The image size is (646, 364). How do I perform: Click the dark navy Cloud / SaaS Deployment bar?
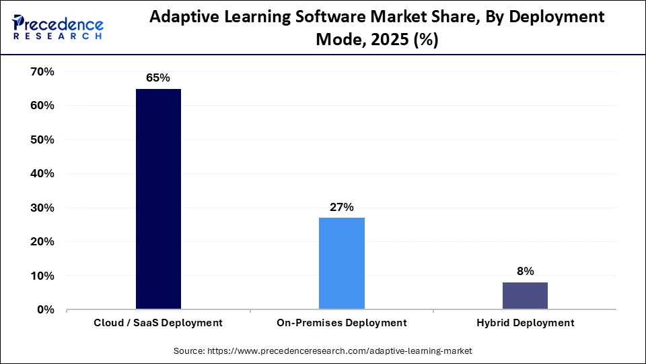[x=158, y=199]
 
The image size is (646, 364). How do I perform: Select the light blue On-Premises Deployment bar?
[x=341, y=263]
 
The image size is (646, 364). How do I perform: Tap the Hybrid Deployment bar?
[x=525, y=295]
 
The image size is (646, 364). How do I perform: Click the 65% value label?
[x=158, y=78]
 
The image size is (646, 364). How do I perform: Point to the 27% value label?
[x=341, y=207]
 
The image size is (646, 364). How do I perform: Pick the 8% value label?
[x=525, y=272]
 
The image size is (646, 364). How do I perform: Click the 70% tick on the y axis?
[x=41, y=71]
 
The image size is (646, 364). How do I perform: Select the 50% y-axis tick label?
[x=41, y=140]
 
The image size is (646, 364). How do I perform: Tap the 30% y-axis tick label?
[x=41, y=208]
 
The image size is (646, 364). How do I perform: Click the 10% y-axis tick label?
[x=41, y=276]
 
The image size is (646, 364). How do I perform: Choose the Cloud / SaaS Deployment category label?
[x=158, y=323]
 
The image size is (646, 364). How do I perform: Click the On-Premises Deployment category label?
[x=341, y=323]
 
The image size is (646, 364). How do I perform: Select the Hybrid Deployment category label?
[x=525, y=323]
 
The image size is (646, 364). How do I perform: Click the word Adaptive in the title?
[x=182, y=18]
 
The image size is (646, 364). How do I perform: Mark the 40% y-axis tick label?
[x=41, y=173]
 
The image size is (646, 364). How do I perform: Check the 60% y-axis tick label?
[x=41, y=106]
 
